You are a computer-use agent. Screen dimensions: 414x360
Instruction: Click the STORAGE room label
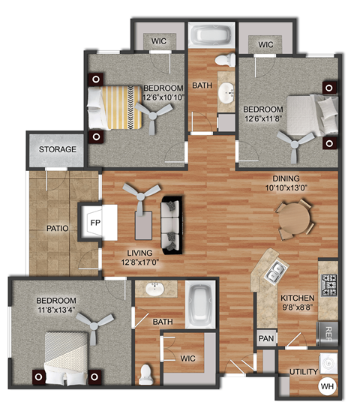(x=58, y=149)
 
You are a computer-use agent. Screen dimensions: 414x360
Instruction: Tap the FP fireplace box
(x=95, y=223)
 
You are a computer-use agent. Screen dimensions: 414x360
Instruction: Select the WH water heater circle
(x=327, y=386)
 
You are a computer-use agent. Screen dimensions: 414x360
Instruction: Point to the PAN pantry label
(x=265, y=339)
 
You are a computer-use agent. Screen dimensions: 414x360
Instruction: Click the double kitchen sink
(x=274, y=270)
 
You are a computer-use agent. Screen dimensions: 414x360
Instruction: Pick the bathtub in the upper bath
(x=211, y=35)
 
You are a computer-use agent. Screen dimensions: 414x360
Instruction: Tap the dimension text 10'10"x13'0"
(x=286, y=188)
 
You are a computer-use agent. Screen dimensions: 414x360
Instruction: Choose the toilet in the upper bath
(x=223, y=60)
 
